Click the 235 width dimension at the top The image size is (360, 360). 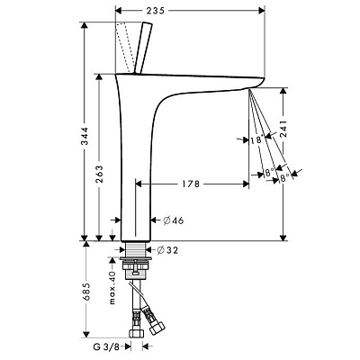click(156, 11)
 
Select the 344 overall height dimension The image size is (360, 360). click(85, 136)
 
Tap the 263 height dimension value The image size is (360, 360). click(99, 174)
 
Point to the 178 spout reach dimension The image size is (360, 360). click(191, 184)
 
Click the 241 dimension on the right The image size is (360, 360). click(283, 129)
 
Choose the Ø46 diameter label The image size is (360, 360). click(174, 220)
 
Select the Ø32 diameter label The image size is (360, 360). click(167, 250)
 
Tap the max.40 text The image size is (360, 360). click(112, 288)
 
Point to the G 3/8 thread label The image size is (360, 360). click(106, 347)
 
